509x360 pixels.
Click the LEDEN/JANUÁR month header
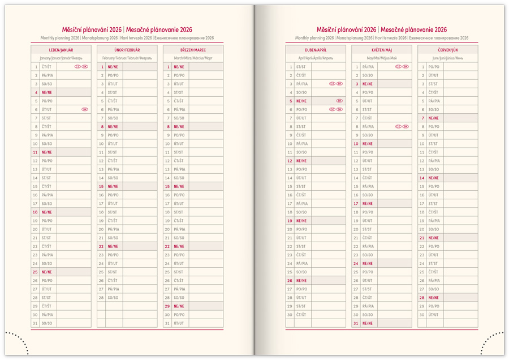click(61, 50)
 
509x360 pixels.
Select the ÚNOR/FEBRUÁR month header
click(127, 50)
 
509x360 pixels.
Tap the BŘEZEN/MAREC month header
click(193, 50)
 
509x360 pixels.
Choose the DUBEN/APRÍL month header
click(316, 50)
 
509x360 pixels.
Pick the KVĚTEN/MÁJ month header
click(382, 50)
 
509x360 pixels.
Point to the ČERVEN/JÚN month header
click(448, 50)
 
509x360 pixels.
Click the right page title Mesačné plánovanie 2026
click(413, 30)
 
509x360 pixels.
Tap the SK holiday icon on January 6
click(85, 110)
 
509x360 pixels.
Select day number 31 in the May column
click(356, 323)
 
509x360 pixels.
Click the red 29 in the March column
click(168, 306)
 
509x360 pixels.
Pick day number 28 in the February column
click(102, 298)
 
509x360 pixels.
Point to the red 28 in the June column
click(422, 298)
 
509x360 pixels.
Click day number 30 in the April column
click(290, 315)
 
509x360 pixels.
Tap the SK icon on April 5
click(339, 101)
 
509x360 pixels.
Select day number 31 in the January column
click(36, 323)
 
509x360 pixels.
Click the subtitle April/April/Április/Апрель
click(316, 58)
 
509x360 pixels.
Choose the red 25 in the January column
click(36, 272)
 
